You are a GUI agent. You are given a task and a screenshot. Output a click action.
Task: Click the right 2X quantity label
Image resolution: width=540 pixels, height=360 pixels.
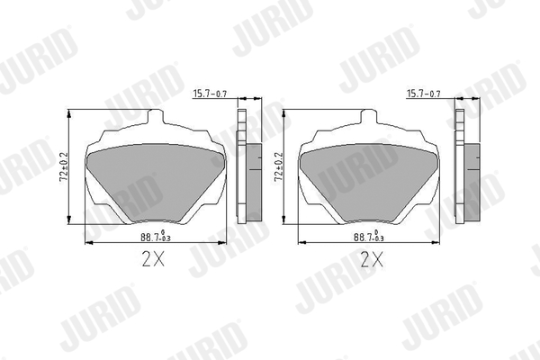click(371, 261)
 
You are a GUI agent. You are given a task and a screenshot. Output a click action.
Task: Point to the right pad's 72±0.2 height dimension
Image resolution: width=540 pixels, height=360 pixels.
click(278, 167)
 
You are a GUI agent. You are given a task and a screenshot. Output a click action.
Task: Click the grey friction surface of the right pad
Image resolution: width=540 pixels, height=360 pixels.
click(368, 180)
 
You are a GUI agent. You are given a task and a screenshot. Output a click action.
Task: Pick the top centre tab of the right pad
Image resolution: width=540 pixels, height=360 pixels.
click(368, 121)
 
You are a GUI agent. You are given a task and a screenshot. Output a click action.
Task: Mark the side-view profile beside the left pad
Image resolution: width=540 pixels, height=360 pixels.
click(243, 166)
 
